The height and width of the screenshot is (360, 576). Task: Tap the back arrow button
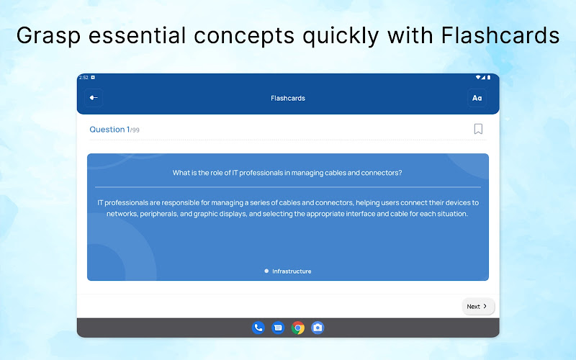click(94, 98)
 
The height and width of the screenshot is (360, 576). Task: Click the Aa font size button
click(477, 98)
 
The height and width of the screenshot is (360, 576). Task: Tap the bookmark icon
click(478, 129)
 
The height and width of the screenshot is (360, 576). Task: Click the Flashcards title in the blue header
click(287, 98)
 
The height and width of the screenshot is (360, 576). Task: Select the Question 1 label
click(109, 130)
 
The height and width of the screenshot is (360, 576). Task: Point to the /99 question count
click(135, 130)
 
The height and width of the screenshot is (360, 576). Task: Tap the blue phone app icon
click(258, 328)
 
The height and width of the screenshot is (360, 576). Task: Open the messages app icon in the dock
click(278, 328)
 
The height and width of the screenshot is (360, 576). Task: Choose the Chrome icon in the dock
click(298, 328)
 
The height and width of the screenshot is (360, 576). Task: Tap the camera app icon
click(318, 328)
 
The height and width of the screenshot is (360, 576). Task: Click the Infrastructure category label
click(292, 271)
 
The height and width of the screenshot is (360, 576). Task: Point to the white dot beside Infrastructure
click(266, 271)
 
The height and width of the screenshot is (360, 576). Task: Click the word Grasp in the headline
click(48, 36)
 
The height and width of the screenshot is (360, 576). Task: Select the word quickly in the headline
click(340, 36)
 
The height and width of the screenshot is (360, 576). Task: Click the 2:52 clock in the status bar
click(84, 78)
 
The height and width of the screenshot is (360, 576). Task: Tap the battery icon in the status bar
click(489, 78)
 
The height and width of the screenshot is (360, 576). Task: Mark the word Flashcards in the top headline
click(500, 35)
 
